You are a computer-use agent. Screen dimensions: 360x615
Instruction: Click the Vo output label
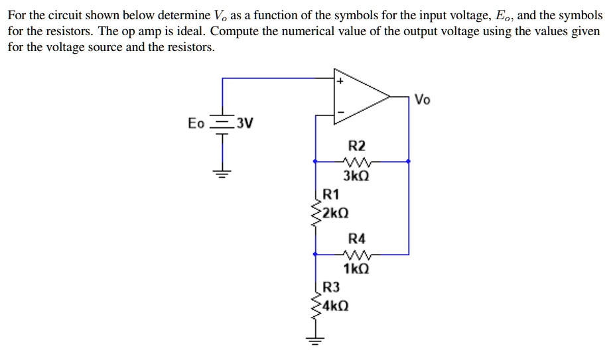pyautogui.click(x=422, y=100)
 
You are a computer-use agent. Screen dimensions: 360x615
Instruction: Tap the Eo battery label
pyautogui.click(x=196, y=123)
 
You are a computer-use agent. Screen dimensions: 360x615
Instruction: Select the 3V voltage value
pyautogui.click(x=245, y=123)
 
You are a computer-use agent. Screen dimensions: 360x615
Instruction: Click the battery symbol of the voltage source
pyautogui.click(x=222, y=124)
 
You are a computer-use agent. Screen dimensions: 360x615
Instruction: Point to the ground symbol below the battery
pyautogui.click(x=222, y=175)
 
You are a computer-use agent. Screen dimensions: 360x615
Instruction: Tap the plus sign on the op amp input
pyautogui.click(x=339, y=82)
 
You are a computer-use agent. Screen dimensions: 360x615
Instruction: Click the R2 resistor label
pyautogui.click(x=356, y=146)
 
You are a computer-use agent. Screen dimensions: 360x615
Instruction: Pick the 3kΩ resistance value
pyautogui.click(x=356, y=176)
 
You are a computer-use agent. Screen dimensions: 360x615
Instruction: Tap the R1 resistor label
pyautogui.click(x=330, y=195)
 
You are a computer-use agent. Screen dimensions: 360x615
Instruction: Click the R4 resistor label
pyautogui.click(x=356, y=239)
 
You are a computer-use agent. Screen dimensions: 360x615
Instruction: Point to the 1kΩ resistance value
pyautogui.click(x=356, y=269)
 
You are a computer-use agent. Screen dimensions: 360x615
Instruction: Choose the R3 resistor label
pyautogui.click(x=330, y=287)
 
